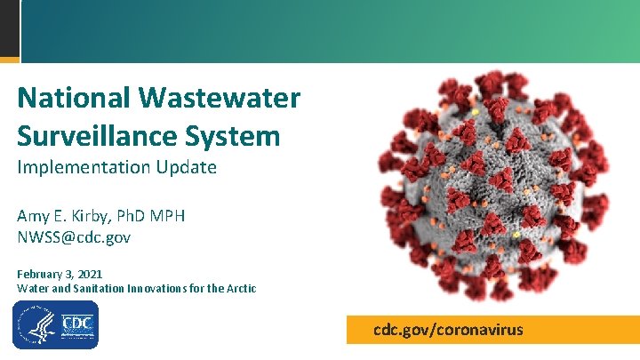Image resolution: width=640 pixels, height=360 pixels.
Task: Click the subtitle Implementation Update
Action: coord(116,167)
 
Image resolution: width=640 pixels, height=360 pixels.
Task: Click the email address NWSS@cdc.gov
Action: coord(74,237)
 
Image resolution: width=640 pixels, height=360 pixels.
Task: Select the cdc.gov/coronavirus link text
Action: coord(448,330)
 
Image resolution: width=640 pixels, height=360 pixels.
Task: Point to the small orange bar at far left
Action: coord(9,60)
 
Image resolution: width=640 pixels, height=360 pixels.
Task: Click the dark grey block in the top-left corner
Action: coord(9,28)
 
